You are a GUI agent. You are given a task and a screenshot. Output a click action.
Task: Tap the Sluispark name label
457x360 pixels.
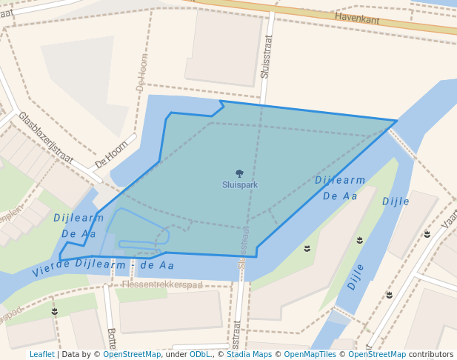(x=239, y=184)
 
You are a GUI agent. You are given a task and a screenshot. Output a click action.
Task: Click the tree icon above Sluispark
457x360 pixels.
(x=239, y=174)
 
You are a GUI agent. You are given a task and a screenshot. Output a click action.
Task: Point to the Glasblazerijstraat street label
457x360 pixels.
(x=46, y=138)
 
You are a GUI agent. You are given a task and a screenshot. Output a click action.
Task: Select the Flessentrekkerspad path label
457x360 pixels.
(x=162, y=284)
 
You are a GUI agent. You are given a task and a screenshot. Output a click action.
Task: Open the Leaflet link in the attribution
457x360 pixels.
(x=41, y=354)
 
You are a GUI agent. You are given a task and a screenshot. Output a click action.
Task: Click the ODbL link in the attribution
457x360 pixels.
(x=200, y=354)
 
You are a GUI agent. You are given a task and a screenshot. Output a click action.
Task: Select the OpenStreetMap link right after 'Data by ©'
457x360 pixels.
(x=132, y=354)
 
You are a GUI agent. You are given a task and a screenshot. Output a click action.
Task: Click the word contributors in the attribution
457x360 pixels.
(x=431, y=354)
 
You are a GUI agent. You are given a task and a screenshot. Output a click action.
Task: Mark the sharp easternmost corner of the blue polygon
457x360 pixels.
(x=396, y=121)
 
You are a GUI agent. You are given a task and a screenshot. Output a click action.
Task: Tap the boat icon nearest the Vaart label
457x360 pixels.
(x=427, y=234)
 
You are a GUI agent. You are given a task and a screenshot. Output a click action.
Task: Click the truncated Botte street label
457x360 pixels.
(x=112, y=339)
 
